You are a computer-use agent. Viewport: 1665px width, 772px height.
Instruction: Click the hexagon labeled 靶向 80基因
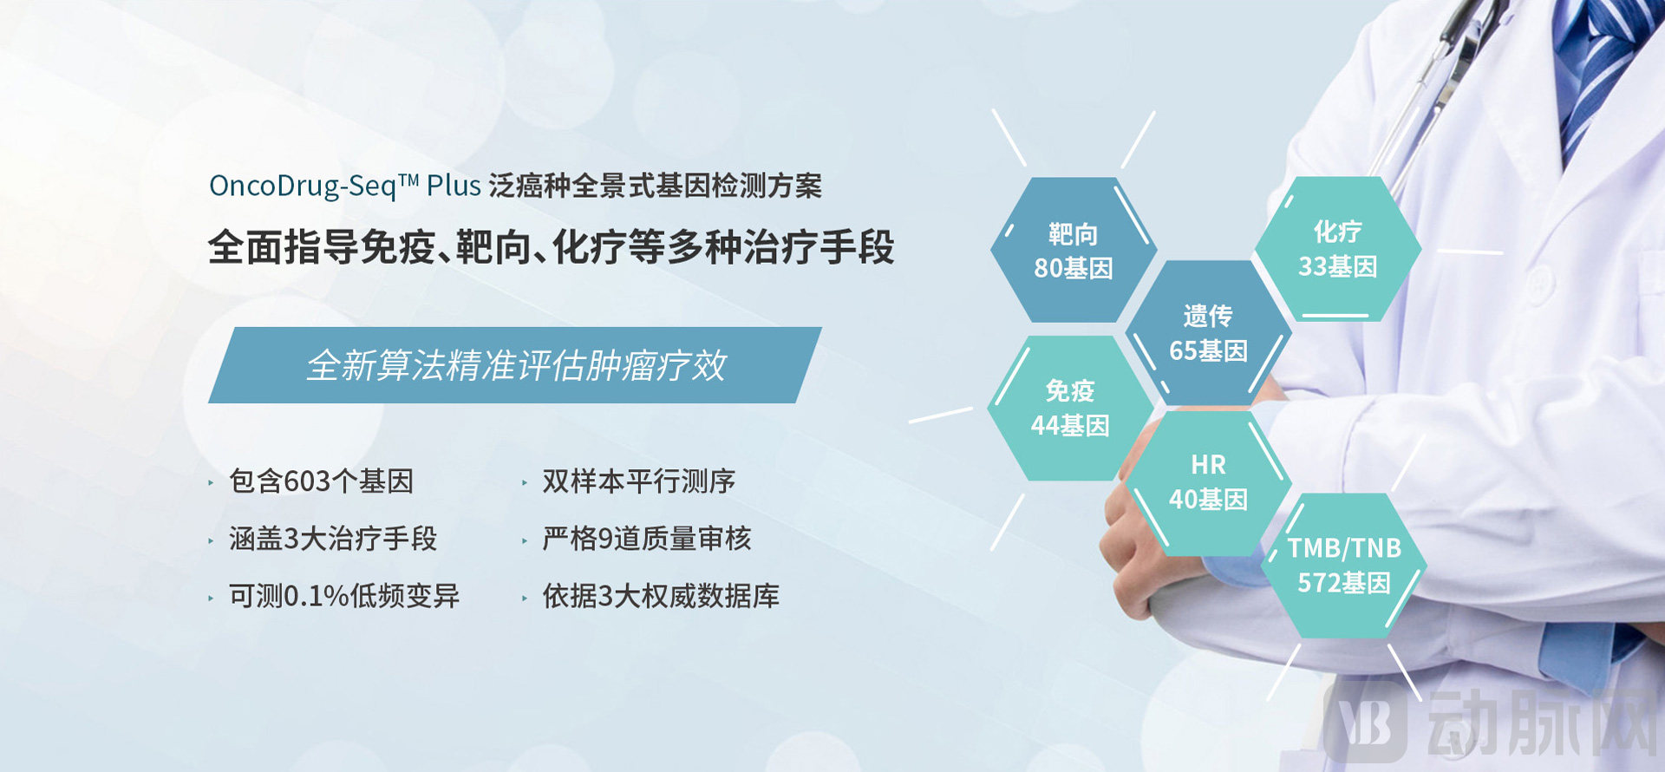pos(1073,251)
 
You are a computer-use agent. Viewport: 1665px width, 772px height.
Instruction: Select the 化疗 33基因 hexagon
pos(1337,249)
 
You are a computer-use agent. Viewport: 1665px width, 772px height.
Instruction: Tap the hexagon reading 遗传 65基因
pos(1208,333)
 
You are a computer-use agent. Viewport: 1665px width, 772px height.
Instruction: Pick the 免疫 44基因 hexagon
pos(1069,409)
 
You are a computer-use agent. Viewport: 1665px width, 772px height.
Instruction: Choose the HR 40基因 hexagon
pos(1208,482)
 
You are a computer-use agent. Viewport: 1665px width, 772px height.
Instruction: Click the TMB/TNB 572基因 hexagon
pos(1343,566)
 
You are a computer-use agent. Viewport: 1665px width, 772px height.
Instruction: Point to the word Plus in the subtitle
pos(454,186)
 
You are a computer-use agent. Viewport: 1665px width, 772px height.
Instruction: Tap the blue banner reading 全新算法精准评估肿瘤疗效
pos(515,365)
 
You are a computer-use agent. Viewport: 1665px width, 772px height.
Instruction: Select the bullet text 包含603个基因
pos(321,481)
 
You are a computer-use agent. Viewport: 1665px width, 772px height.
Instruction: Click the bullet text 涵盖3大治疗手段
pos(333,539)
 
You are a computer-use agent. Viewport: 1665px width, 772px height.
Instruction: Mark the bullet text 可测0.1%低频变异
pos(344,596)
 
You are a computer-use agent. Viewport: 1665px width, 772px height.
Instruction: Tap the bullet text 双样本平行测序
pos(638,481)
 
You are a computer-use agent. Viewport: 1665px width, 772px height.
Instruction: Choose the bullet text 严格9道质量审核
pos(647,539)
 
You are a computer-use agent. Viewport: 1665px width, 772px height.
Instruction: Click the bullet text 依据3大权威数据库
pos(661,596)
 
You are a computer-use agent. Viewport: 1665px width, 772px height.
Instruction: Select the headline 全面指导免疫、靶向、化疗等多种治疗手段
pos(551,247)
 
